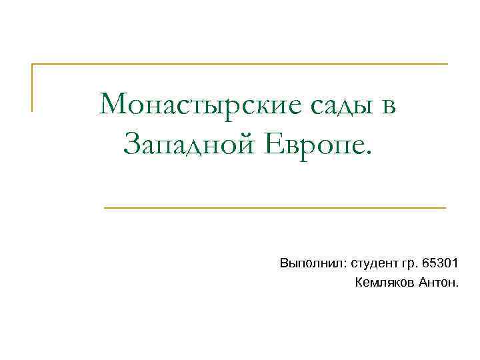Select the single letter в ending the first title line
388,105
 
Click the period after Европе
372,149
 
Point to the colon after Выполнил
341,265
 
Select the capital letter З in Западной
131,143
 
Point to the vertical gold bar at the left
32,87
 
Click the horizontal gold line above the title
240,65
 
